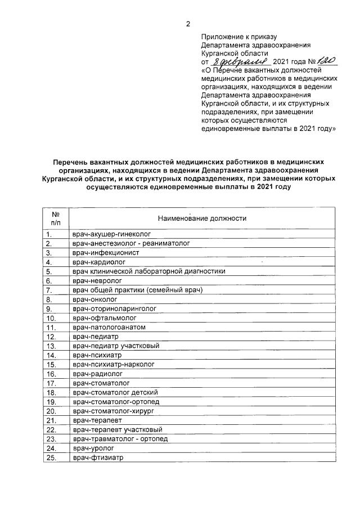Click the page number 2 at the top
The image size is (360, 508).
coord(189,23)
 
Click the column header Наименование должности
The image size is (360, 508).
coord(202,218)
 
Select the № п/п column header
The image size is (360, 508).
coord(56,218)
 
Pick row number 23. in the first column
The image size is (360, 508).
coord(52,439)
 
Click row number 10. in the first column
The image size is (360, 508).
coord(52,318)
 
